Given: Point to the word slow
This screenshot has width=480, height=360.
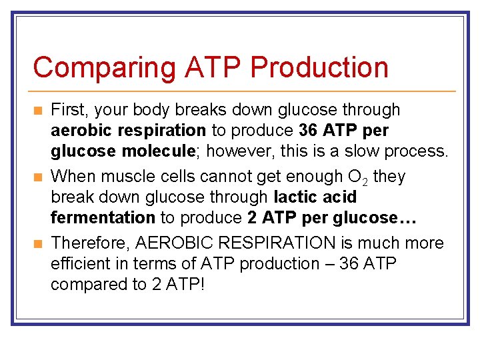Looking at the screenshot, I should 352,151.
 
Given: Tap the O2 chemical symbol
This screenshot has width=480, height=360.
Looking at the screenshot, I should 357,177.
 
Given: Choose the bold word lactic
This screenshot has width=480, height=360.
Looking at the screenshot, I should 295,197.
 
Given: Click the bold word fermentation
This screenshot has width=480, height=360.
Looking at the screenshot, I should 103,217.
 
